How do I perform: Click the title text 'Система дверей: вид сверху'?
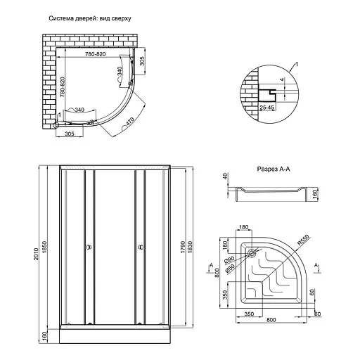click(90, 18)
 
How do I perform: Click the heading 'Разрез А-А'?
click(274, 169)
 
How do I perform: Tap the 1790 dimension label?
click(183, 247)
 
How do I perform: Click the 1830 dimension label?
click(190, 247)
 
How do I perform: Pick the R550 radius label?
click(304, 240)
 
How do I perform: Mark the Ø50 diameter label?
click(230, 268)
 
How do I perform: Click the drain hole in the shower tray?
click(252, 253)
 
